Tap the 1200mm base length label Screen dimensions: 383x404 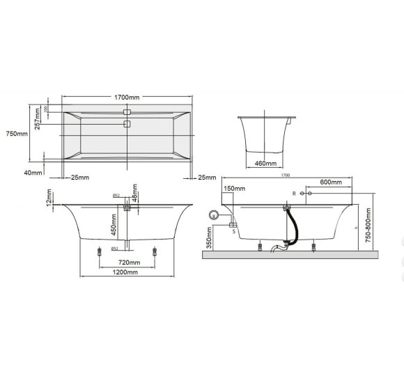tap(127, 272)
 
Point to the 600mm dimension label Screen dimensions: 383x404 tap(330, 182)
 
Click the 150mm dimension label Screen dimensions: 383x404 tap(235, 189)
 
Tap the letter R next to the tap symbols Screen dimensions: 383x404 tap(294, 191)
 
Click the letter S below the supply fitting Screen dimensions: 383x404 tap(233, 230)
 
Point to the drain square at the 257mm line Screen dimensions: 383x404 tap(127, 124)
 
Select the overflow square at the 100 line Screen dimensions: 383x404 tap(127, 111)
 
